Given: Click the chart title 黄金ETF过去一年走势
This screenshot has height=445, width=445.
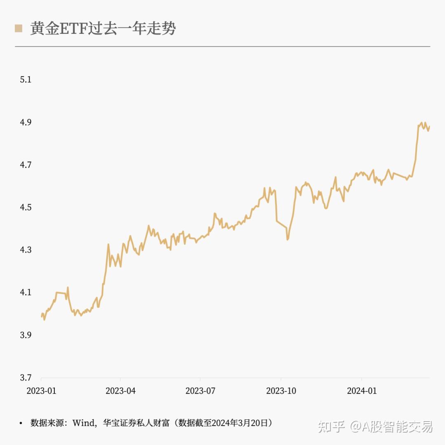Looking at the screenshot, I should click(x=103, y=28).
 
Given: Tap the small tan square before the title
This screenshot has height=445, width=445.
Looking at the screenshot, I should click(x=18, y=28).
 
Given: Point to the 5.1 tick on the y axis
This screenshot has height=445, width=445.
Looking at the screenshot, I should click(x=26, y=80).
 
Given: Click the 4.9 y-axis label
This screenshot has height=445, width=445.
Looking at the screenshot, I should click(x=26, y=122).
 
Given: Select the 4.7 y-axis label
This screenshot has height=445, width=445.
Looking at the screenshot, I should click(x=26, y=165).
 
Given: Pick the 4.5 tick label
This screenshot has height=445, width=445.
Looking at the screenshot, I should click(x=26, y=207).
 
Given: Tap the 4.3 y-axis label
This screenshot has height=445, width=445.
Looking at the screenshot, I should click(x=26, y=250).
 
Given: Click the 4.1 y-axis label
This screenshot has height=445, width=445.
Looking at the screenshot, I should click(x=26, y=292).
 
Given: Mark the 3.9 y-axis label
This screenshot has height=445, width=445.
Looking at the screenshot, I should click(x=26, y=335).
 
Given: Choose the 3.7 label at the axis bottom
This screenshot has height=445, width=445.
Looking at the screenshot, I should click(x=26, y=377).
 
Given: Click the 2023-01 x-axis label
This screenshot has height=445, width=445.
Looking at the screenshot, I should click(x=41, y=391).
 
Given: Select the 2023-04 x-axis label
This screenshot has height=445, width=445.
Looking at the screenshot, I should click(x=120, y=391).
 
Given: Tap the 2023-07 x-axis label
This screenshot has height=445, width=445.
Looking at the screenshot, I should click(x=200, y=391).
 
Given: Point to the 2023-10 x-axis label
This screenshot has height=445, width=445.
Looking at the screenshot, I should click(x=281, y=391).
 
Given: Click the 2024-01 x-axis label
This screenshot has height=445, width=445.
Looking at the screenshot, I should click(x=361, y=391).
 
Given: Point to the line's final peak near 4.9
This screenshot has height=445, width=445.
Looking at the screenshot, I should click(x=422, y=123).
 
